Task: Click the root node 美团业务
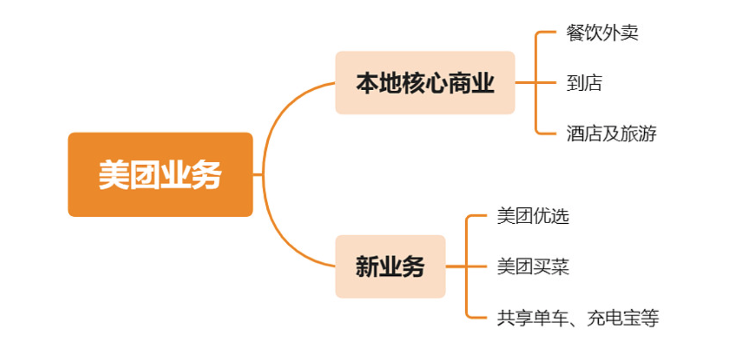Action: [x=160, y=174]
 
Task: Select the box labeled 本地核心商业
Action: [x=424, y=83]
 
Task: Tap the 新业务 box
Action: [x=390, y=266]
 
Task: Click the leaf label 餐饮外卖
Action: [x=602, y=33]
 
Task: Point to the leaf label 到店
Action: [x=584, y=83]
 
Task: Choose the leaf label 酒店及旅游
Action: [x=611, y=133]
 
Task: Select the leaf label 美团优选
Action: [x=532, y=216]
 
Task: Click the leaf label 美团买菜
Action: [x=532, y=267]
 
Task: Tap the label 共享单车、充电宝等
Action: [x=577, y=317]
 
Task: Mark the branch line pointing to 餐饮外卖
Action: [x=545, y=33]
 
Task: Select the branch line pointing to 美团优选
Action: [x=477, y=216]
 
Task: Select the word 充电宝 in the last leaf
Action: [x=614, y=317]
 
